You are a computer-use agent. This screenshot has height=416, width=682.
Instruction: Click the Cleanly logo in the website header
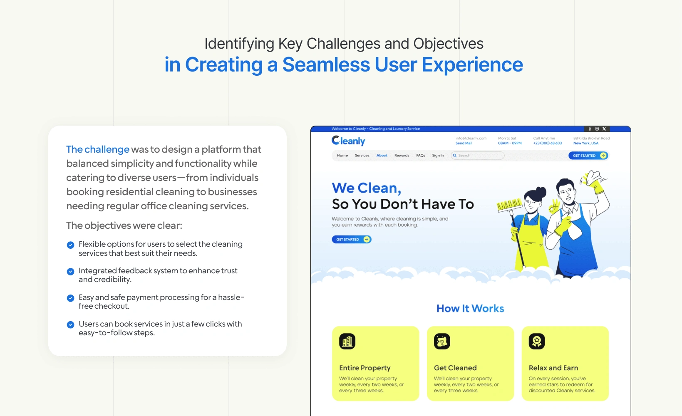[x=348, y=141]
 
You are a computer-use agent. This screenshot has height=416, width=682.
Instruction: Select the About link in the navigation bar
[x=382, y=156]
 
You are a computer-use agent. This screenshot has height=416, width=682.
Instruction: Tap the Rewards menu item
[x=402, y=156]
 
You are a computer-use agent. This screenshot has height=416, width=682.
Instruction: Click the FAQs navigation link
[x=420, y=156]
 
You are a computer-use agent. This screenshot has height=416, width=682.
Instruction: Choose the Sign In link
[x=438, y=156]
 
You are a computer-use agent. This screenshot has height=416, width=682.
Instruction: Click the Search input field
[x=477, y=156]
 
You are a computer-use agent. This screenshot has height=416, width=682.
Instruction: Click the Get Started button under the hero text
[x=352, y=240]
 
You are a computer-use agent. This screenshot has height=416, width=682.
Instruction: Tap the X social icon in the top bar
[x=604, y=129]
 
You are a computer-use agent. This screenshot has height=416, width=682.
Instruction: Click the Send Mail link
[x=464, y=144]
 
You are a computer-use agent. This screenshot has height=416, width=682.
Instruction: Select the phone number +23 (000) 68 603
[x=548, y=144]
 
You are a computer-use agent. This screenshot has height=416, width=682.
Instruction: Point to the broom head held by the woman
[x=509, y=205]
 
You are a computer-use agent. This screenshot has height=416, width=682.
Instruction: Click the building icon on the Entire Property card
[x=347, y=341]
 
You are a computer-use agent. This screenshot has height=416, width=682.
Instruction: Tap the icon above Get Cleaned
[x=442, y=341]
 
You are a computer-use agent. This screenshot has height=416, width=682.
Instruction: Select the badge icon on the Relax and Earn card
[x=536, y=341]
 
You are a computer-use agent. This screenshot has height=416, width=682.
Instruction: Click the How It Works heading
[x=470, y=308]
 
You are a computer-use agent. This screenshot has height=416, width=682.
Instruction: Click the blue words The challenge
[x=98, y=149]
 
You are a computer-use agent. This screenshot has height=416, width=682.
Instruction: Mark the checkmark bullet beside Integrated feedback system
[x=70, y=272]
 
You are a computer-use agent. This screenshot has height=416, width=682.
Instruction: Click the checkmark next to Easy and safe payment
[x=70, y=298]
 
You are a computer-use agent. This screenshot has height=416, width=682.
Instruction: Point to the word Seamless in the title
[x=326, y=64]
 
